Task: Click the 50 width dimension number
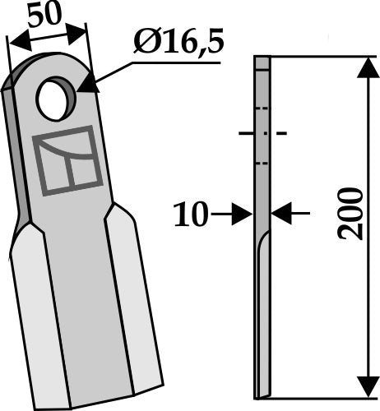pyautogui.click(x=45, y=16)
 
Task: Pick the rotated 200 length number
pyautogui.click(x=351, y=212)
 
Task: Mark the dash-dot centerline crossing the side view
pyautogui.click(x=262, y=133)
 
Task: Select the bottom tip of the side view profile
pyautogui.click(x=262, y=393)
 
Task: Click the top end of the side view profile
pyautogui.click(x=262, y=59)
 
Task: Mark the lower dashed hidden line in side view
pyautogui.click(x=262, y=163)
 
